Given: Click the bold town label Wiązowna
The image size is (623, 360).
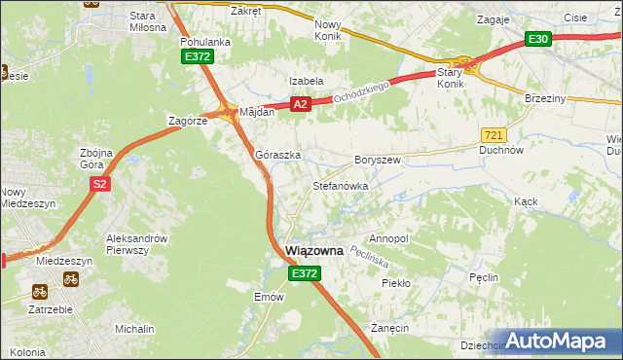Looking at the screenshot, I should click(314, 250).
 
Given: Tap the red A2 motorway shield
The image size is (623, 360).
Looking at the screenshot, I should click(300, 104).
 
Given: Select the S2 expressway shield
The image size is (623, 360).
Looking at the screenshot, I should click(98, 183).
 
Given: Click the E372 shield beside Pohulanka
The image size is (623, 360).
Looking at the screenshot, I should click(197, 57).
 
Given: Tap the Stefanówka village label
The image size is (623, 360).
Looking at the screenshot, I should click(339, 185).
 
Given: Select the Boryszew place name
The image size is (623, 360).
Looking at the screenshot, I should click(378, 160).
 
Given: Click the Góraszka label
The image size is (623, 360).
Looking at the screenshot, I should click(277, 155).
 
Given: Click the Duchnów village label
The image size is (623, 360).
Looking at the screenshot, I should click(502, 151).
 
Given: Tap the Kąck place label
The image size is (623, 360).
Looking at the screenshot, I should click(526, 200).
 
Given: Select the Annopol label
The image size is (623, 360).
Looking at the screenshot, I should click(388, 238).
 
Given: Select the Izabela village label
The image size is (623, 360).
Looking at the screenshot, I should click(305, 81).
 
